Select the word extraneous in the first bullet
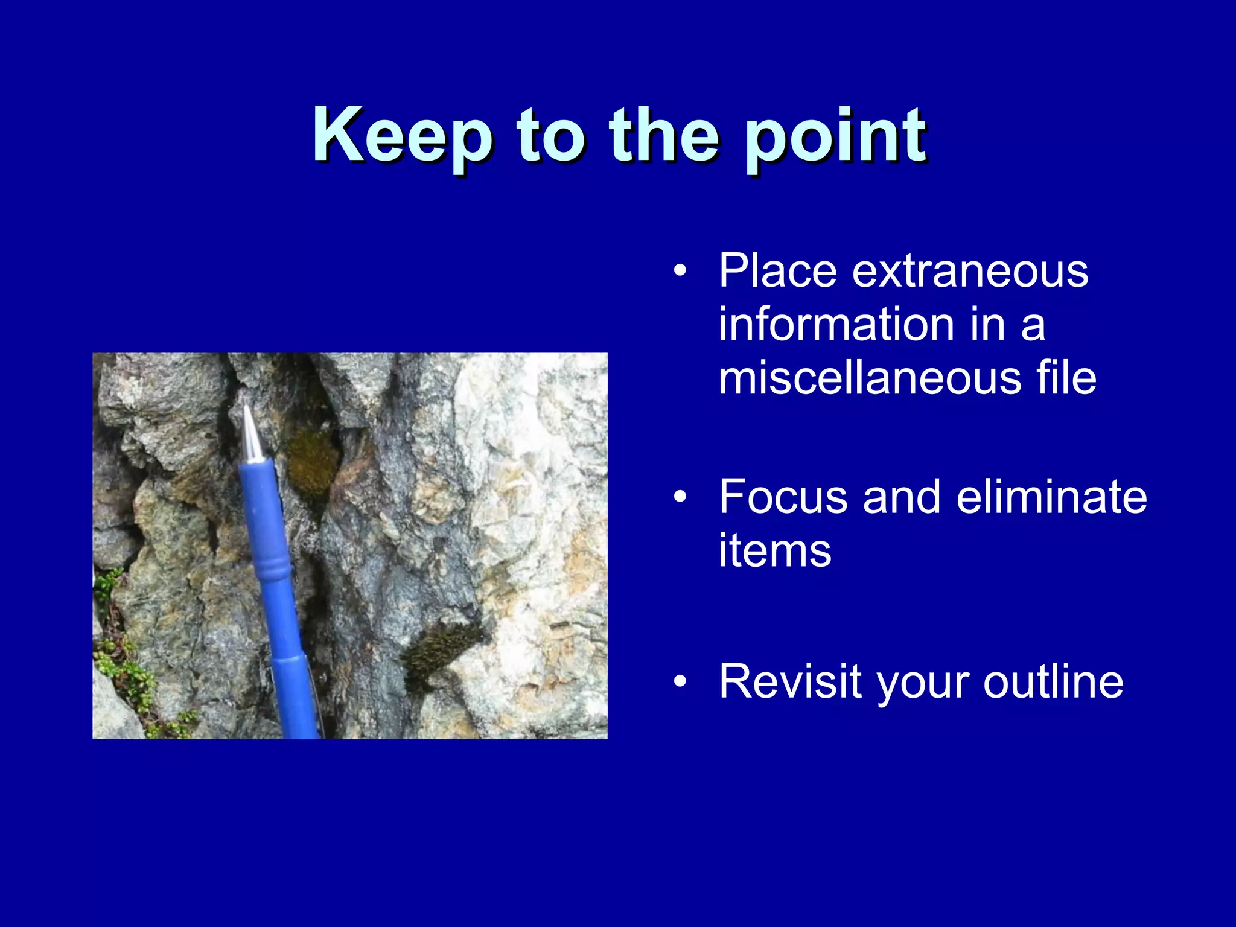pos(970,271)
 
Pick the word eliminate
pos(1051,497)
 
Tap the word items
pos(775,550)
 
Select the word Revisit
pos(789,681)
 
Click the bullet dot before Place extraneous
pos(680,271)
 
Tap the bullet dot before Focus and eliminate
pos(680,497)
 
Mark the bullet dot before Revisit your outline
pos(680,681)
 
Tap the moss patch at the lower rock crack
pos(441,652)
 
